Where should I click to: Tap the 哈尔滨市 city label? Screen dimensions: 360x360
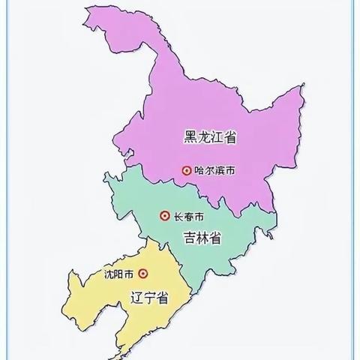[214, 171]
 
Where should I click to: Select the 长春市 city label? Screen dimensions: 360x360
[188, 217]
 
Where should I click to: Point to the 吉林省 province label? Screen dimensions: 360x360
[202, 238]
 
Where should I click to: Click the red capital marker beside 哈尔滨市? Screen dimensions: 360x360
[186, 171]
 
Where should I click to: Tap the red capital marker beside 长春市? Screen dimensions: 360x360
[164, 217]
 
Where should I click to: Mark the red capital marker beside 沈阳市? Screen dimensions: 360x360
[142, 274]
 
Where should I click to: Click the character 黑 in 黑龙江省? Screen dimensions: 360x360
[190, 136]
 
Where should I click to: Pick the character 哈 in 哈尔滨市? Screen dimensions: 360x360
[199, 171]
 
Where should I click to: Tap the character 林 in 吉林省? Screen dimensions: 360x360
[202, 238]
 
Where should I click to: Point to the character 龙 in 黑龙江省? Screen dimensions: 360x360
[204, 136]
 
